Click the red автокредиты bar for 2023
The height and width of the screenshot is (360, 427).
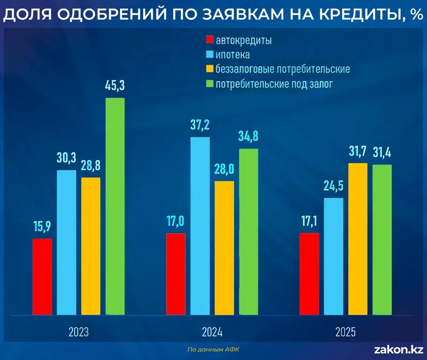(x=42, y=276)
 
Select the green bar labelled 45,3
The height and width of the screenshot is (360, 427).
(x=115, y=206)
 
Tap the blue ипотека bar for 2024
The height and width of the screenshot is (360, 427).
(x=200, y=225)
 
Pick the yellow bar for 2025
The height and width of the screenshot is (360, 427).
(x=358, y=238)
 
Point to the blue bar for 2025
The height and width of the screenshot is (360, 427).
(x=334, y=256)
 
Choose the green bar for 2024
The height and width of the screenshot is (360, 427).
(x=248, y=231)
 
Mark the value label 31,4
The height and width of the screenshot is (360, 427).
(x=382, y=153)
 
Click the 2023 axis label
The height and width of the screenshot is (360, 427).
(x=78, y=332)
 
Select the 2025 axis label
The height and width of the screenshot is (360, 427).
(x=345, y=332)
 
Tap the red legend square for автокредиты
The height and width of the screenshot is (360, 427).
(x=209, y=41)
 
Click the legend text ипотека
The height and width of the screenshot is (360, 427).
(x=233, y=55)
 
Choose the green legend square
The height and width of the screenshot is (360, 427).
(x=209, y=84)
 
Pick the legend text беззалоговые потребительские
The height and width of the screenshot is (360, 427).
(x=283, y=69)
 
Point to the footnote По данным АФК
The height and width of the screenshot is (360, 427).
(x=213, y=349)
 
